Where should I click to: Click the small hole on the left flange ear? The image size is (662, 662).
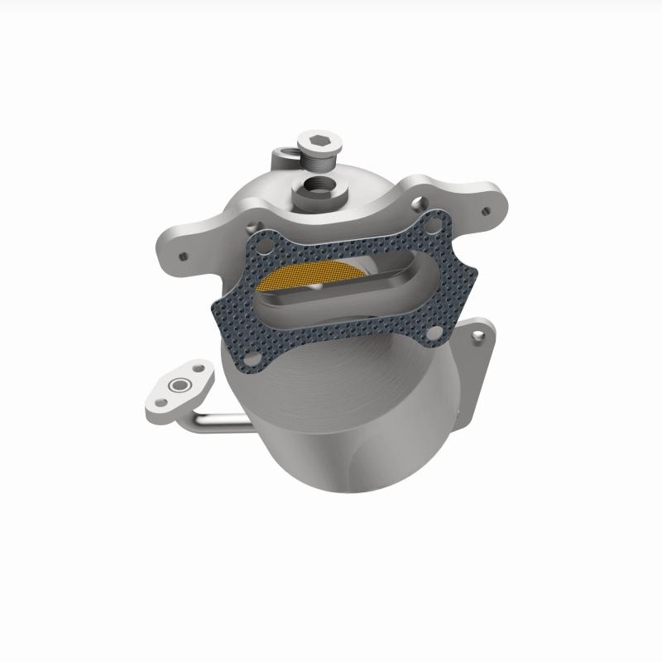coord(184,257)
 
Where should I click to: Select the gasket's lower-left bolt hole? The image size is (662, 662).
coord(255,357)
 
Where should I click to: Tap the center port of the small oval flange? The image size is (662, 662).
coord(176,386)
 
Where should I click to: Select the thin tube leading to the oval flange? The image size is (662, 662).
coord(223,422)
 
